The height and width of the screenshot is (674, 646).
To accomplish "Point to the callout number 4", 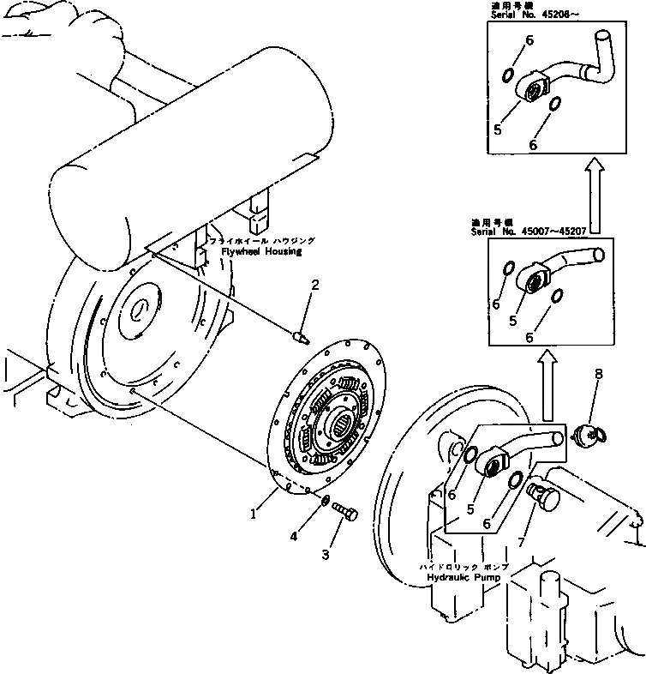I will [x=293, y=536].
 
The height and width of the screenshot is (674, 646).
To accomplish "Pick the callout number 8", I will [x=598, y=375].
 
